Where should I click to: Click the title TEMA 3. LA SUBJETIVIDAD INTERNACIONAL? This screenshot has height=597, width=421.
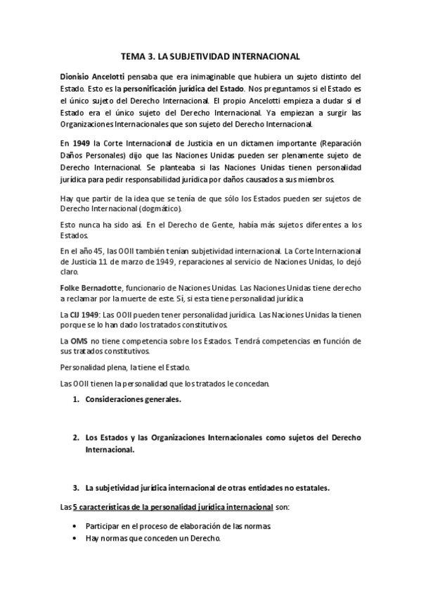tap(211, 56)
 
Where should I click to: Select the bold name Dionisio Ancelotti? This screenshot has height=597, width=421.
tap(93, 75)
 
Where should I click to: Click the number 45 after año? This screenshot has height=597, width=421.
tap(98, 251)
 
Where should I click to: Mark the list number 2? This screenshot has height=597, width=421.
tap(75, 438)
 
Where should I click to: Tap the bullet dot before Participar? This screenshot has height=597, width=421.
tap(75, 526)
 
